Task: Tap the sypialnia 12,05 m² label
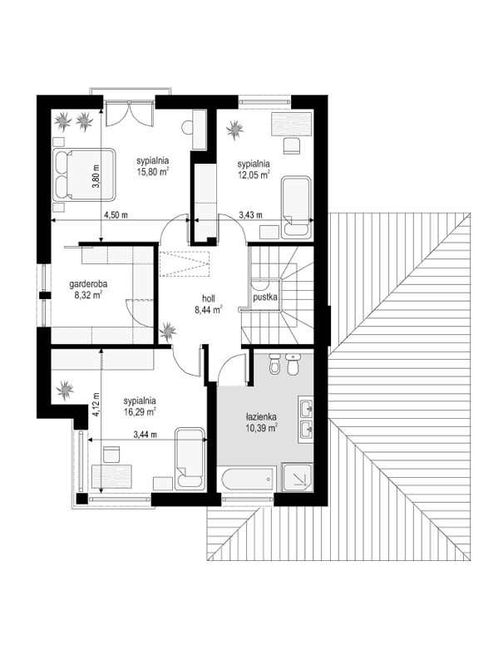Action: pyautogui.click(x=254, y=170)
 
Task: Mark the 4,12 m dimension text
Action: pyautogui.click(x=96, y=404)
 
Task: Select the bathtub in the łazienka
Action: pyautogui.click(x=247, y=478)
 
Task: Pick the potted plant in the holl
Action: pyautogui.click(x=169, y=332)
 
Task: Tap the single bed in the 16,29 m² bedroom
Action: pyautogui.click(x=190, y=460)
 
